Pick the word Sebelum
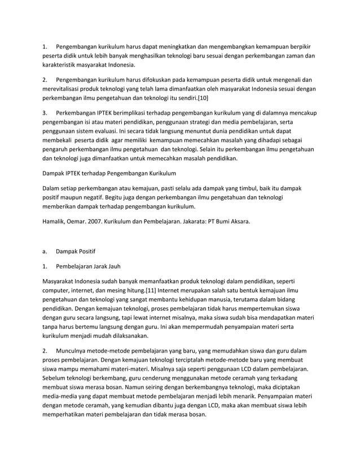57,379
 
